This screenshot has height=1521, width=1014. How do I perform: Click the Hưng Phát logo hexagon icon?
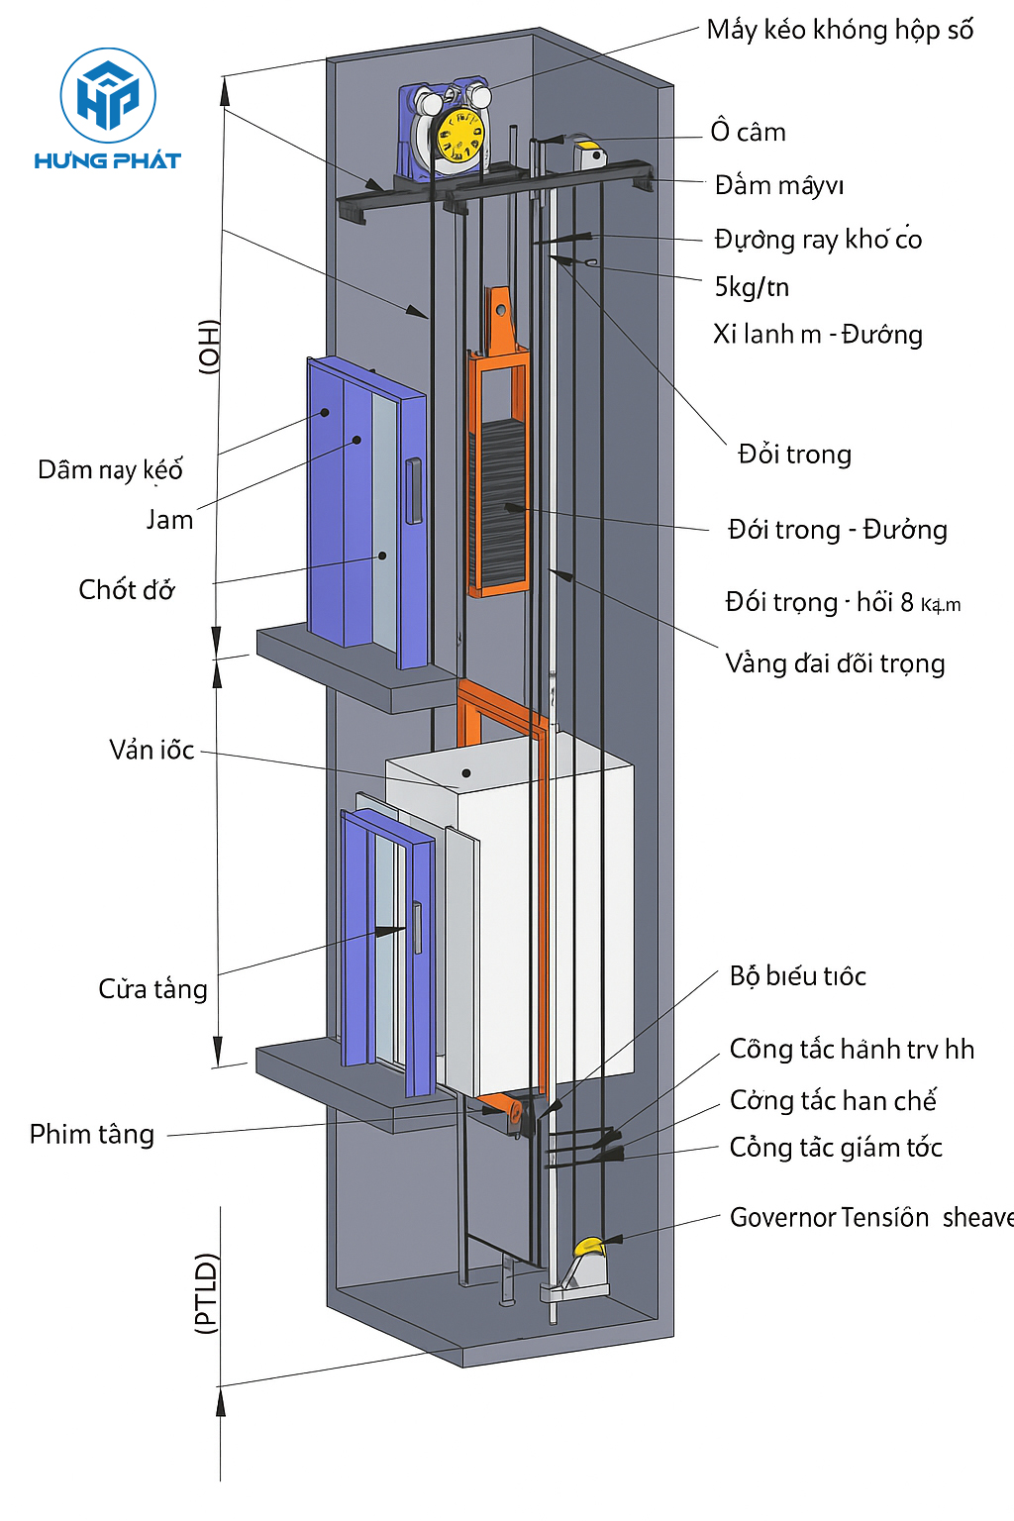[x=108, y=95]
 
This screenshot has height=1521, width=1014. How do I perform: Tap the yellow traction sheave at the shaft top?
[x=460, y=137]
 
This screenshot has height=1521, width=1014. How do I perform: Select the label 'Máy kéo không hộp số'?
[x=840, y=31]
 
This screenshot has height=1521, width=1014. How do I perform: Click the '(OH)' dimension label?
[x=209, y=347]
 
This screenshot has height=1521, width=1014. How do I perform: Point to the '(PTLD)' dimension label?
[x=206, y=1293]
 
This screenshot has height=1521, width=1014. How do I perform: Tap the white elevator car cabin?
[x=535, y=921]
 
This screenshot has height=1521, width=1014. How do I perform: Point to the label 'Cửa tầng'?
[x=152, y=989]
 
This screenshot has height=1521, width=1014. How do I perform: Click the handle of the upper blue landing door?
[x=414, y=490]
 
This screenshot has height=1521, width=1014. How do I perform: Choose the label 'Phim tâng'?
[x=92, y=1134]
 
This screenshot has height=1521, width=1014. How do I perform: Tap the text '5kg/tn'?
[x=752, y=287]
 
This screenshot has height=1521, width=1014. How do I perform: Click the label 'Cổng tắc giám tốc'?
[x=836, y=1148]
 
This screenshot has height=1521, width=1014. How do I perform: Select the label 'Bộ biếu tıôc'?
[x=797, y=976]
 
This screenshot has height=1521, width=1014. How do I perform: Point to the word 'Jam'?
[x=169, y=520]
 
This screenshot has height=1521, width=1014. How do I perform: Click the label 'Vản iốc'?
[x=152, y=750]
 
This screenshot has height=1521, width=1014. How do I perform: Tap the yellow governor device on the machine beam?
[x=591, y=153]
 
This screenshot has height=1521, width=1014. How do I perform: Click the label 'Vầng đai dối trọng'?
[x=835, y=663]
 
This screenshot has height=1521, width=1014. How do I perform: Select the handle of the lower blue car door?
[x=417, y=928]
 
